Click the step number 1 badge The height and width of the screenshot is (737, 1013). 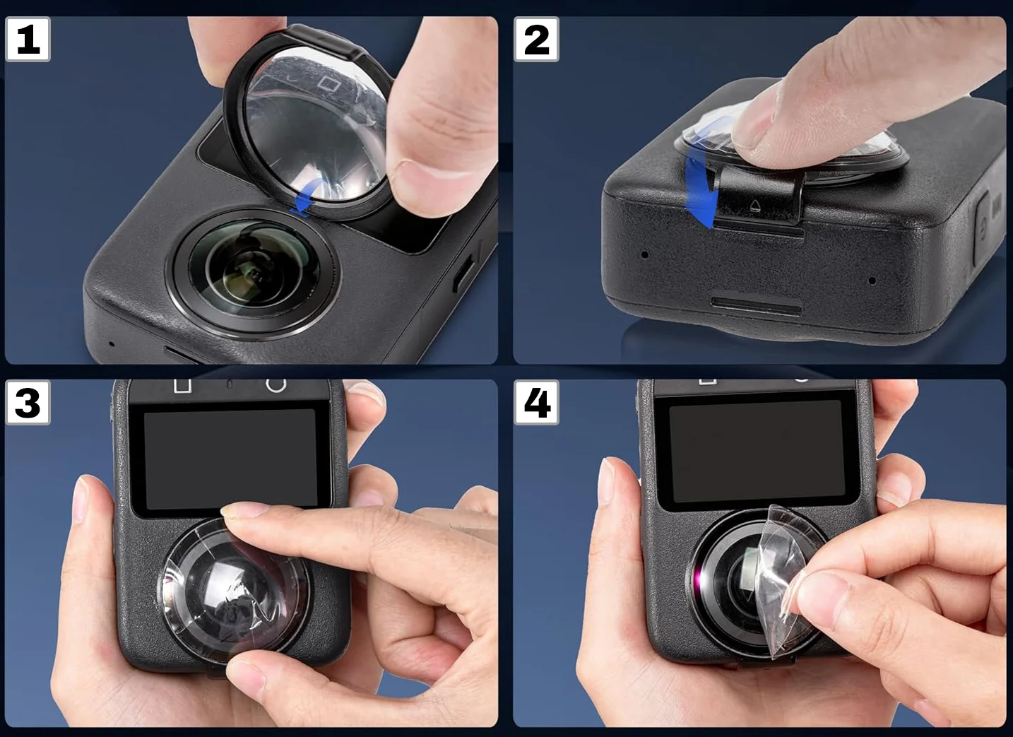(28, 40)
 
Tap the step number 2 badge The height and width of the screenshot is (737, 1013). (536, 40)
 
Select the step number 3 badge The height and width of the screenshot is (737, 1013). (28, 402)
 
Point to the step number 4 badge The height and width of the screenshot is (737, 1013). (536, 402)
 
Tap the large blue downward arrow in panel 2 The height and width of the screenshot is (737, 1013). (700, 190)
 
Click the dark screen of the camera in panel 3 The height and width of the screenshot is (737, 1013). (230, 458)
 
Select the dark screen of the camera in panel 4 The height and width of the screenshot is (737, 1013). (757, 451)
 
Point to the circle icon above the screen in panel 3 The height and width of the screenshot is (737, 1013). (276, 384)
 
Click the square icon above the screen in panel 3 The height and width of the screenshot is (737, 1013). (183, 386)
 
